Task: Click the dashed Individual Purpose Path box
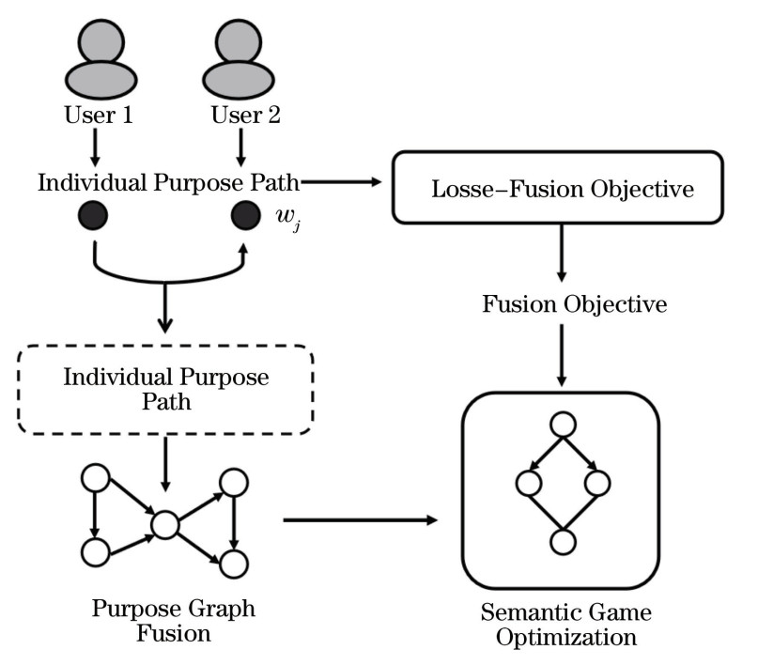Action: pyautogui.click(x=165, y=389)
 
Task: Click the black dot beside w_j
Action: pyautogui.click(x=246, y=215)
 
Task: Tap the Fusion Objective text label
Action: pyautogui.click(x=562, y=304)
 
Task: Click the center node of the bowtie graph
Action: pyautogui.click(x=164, y=524)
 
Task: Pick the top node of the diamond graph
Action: pyautogui.click(x=562, y=425)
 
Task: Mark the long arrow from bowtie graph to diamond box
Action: pyautogui.click(x=362, y=519)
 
